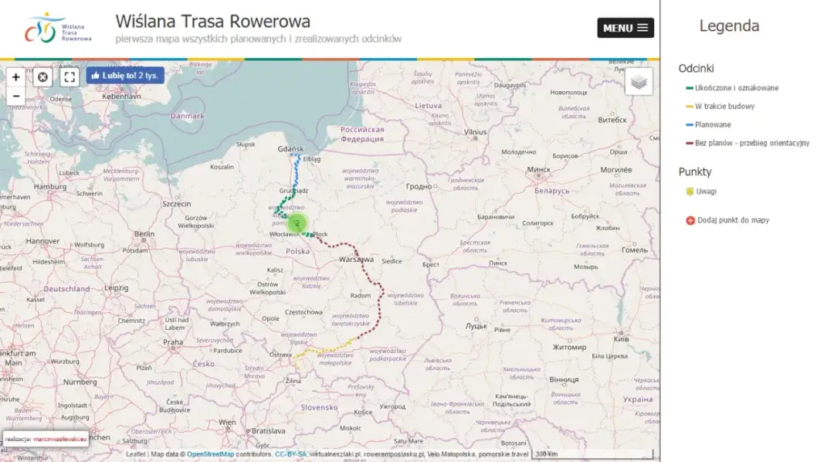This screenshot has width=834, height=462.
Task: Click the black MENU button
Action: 625,28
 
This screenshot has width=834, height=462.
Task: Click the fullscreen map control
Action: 69,76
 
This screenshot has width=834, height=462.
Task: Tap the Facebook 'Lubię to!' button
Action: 124,76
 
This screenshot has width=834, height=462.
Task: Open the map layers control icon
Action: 638,81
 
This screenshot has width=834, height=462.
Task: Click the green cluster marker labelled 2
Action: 297,223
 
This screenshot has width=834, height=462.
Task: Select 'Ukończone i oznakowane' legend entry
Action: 736,88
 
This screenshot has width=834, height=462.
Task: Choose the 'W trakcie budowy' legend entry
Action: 724,107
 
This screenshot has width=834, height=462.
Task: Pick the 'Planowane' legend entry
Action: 712,124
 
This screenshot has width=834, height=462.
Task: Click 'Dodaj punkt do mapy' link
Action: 732,220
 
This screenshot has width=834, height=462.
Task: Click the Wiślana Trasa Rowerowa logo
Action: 58,28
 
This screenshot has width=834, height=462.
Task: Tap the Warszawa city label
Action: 356,260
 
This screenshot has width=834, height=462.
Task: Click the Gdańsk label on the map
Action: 291,148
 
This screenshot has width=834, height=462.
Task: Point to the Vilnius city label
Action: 476,132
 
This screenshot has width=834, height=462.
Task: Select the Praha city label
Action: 173,341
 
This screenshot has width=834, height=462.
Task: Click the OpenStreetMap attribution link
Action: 210,454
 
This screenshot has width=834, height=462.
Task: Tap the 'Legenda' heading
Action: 728,25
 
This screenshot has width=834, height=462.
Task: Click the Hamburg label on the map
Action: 50,187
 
